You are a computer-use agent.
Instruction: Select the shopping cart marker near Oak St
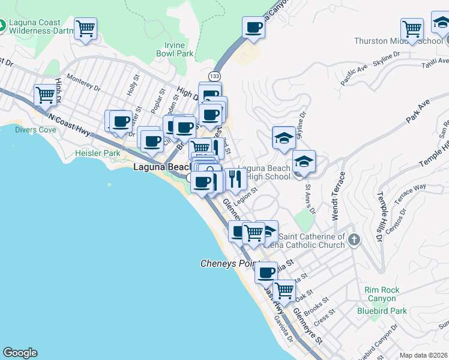click(x=284, y=290)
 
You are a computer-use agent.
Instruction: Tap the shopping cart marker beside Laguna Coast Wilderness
click(x=86, y=28)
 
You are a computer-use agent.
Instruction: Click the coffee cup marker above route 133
click(x=253, y=27)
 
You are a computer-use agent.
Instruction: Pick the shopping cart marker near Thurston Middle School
click(x=412, y=28)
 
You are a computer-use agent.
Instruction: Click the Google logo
click(x=20, y=353)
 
